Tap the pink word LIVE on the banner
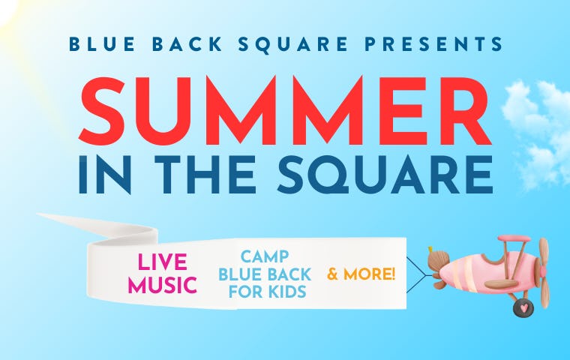(x=163, y=263)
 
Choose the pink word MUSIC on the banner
(x=162, y=285)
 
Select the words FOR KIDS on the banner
(x=262, y=292)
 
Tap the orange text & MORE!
(x=361, y=274)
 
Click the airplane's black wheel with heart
(x=523, y=306)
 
